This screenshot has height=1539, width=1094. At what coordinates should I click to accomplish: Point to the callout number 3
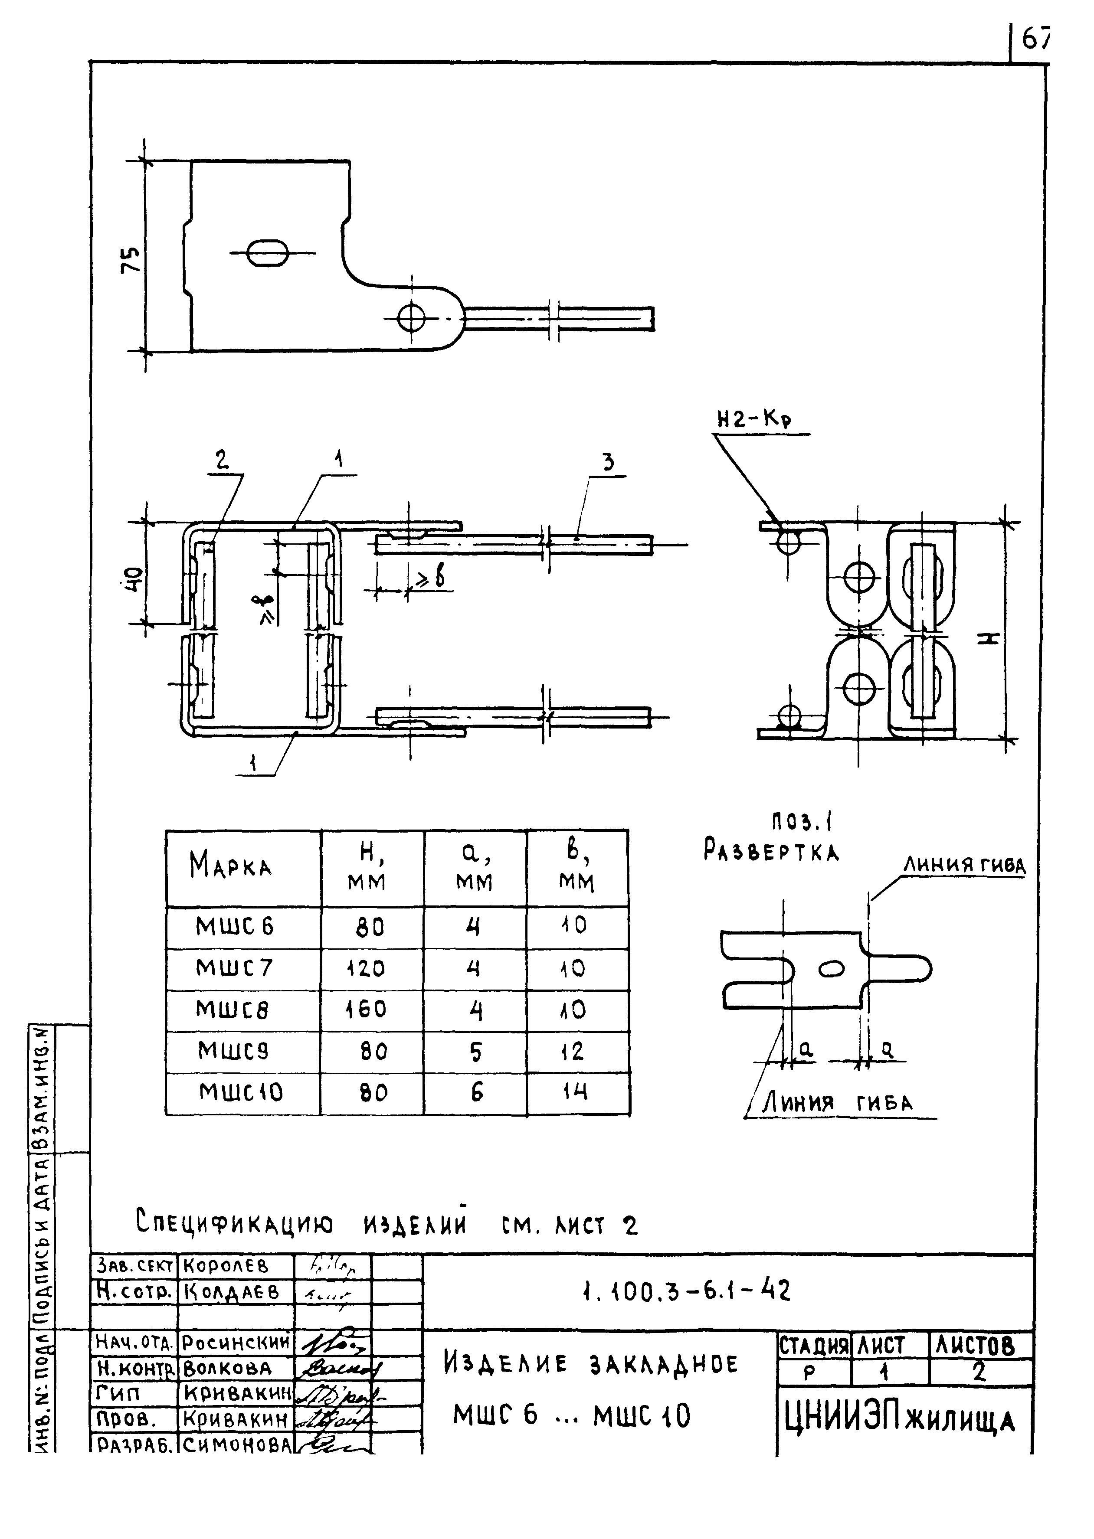pyautogui.click(x=608, y=463)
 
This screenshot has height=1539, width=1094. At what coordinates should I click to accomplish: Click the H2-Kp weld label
pyautogui.click(x=754, y=420)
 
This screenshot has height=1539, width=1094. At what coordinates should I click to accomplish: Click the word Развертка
pyautogui.click(x=771, y=852)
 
